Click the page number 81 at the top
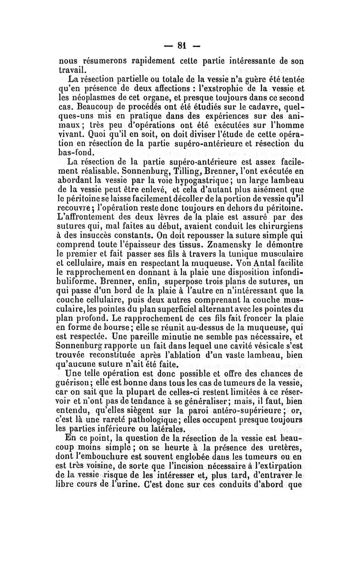(182, 45)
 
